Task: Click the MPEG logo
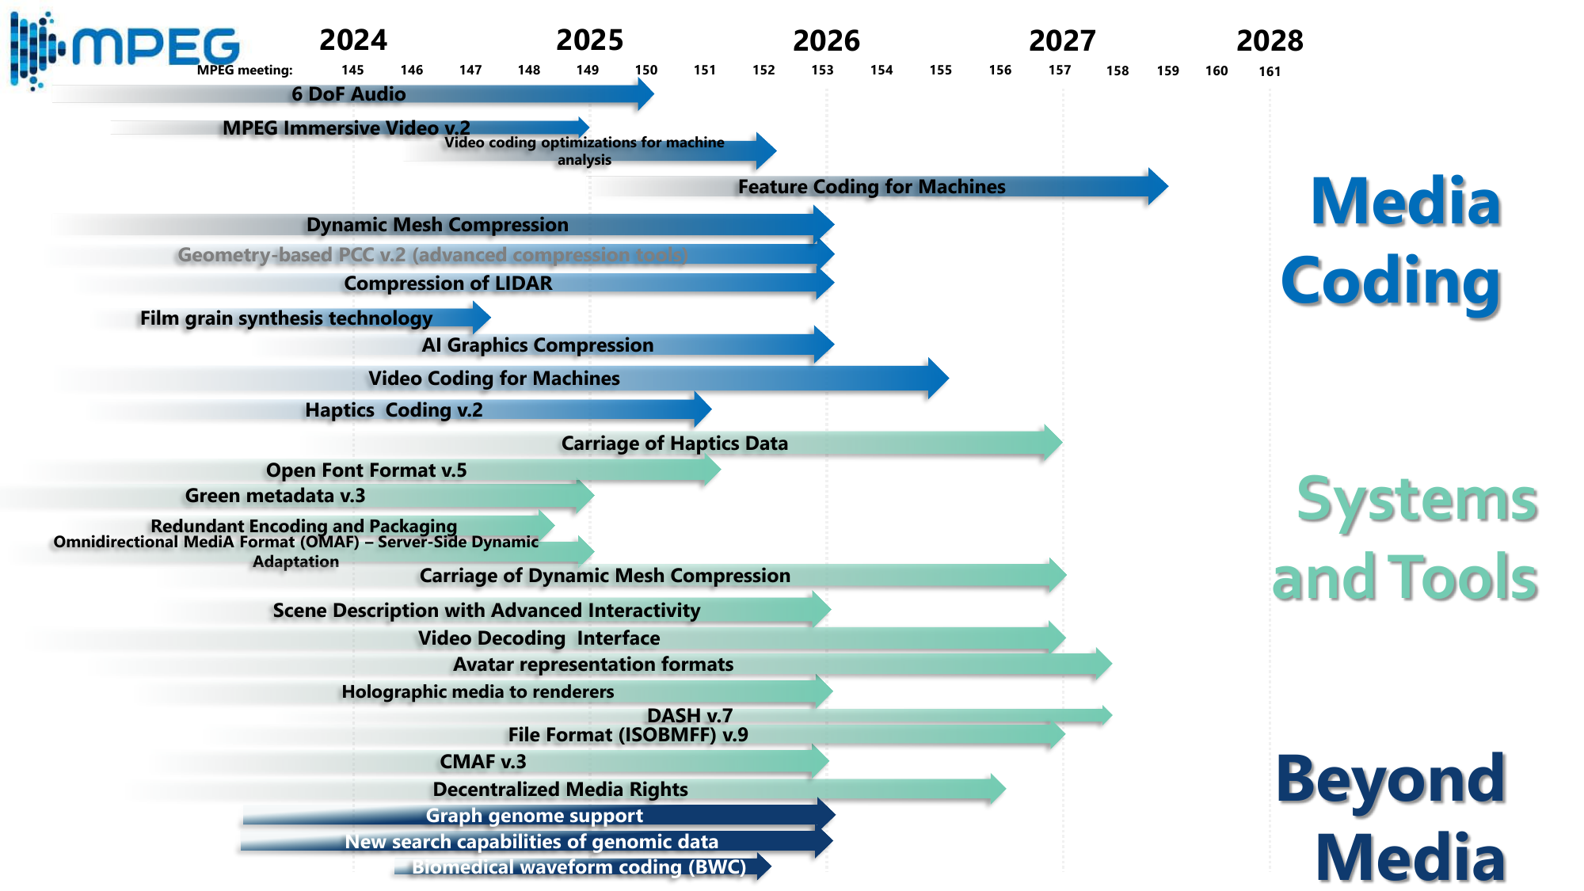[127, 48]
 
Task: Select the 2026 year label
[826, 40]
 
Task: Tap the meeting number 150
[646, 70]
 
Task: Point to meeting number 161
[1270, 71]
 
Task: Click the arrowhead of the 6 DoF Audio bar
[645, 94]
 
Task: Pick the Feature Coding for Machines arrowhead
[1157, 187]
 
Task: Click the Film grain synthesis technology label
[286, 318]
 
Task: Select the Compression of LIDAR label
[447, 284]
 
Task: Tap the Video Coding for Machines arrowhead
[938, 379]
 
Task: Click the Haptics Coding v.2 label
[394, 410]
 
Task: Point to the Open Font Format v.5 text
[366, 470]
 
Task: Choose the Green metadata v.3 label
[275, 496]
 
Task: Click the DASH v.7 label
[690, 715]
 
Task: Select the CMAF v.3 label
[482, 762]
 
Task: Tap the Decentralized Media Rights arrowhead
[996, 789]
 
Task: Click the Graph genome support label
[534, 816]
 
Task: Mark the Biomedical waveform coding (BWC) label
[578, 867]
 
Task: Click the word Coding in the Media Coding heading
[1391, 282]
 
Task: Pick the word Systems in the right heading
[1417, 501]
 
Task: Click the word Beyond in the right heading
[1391, 780]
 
